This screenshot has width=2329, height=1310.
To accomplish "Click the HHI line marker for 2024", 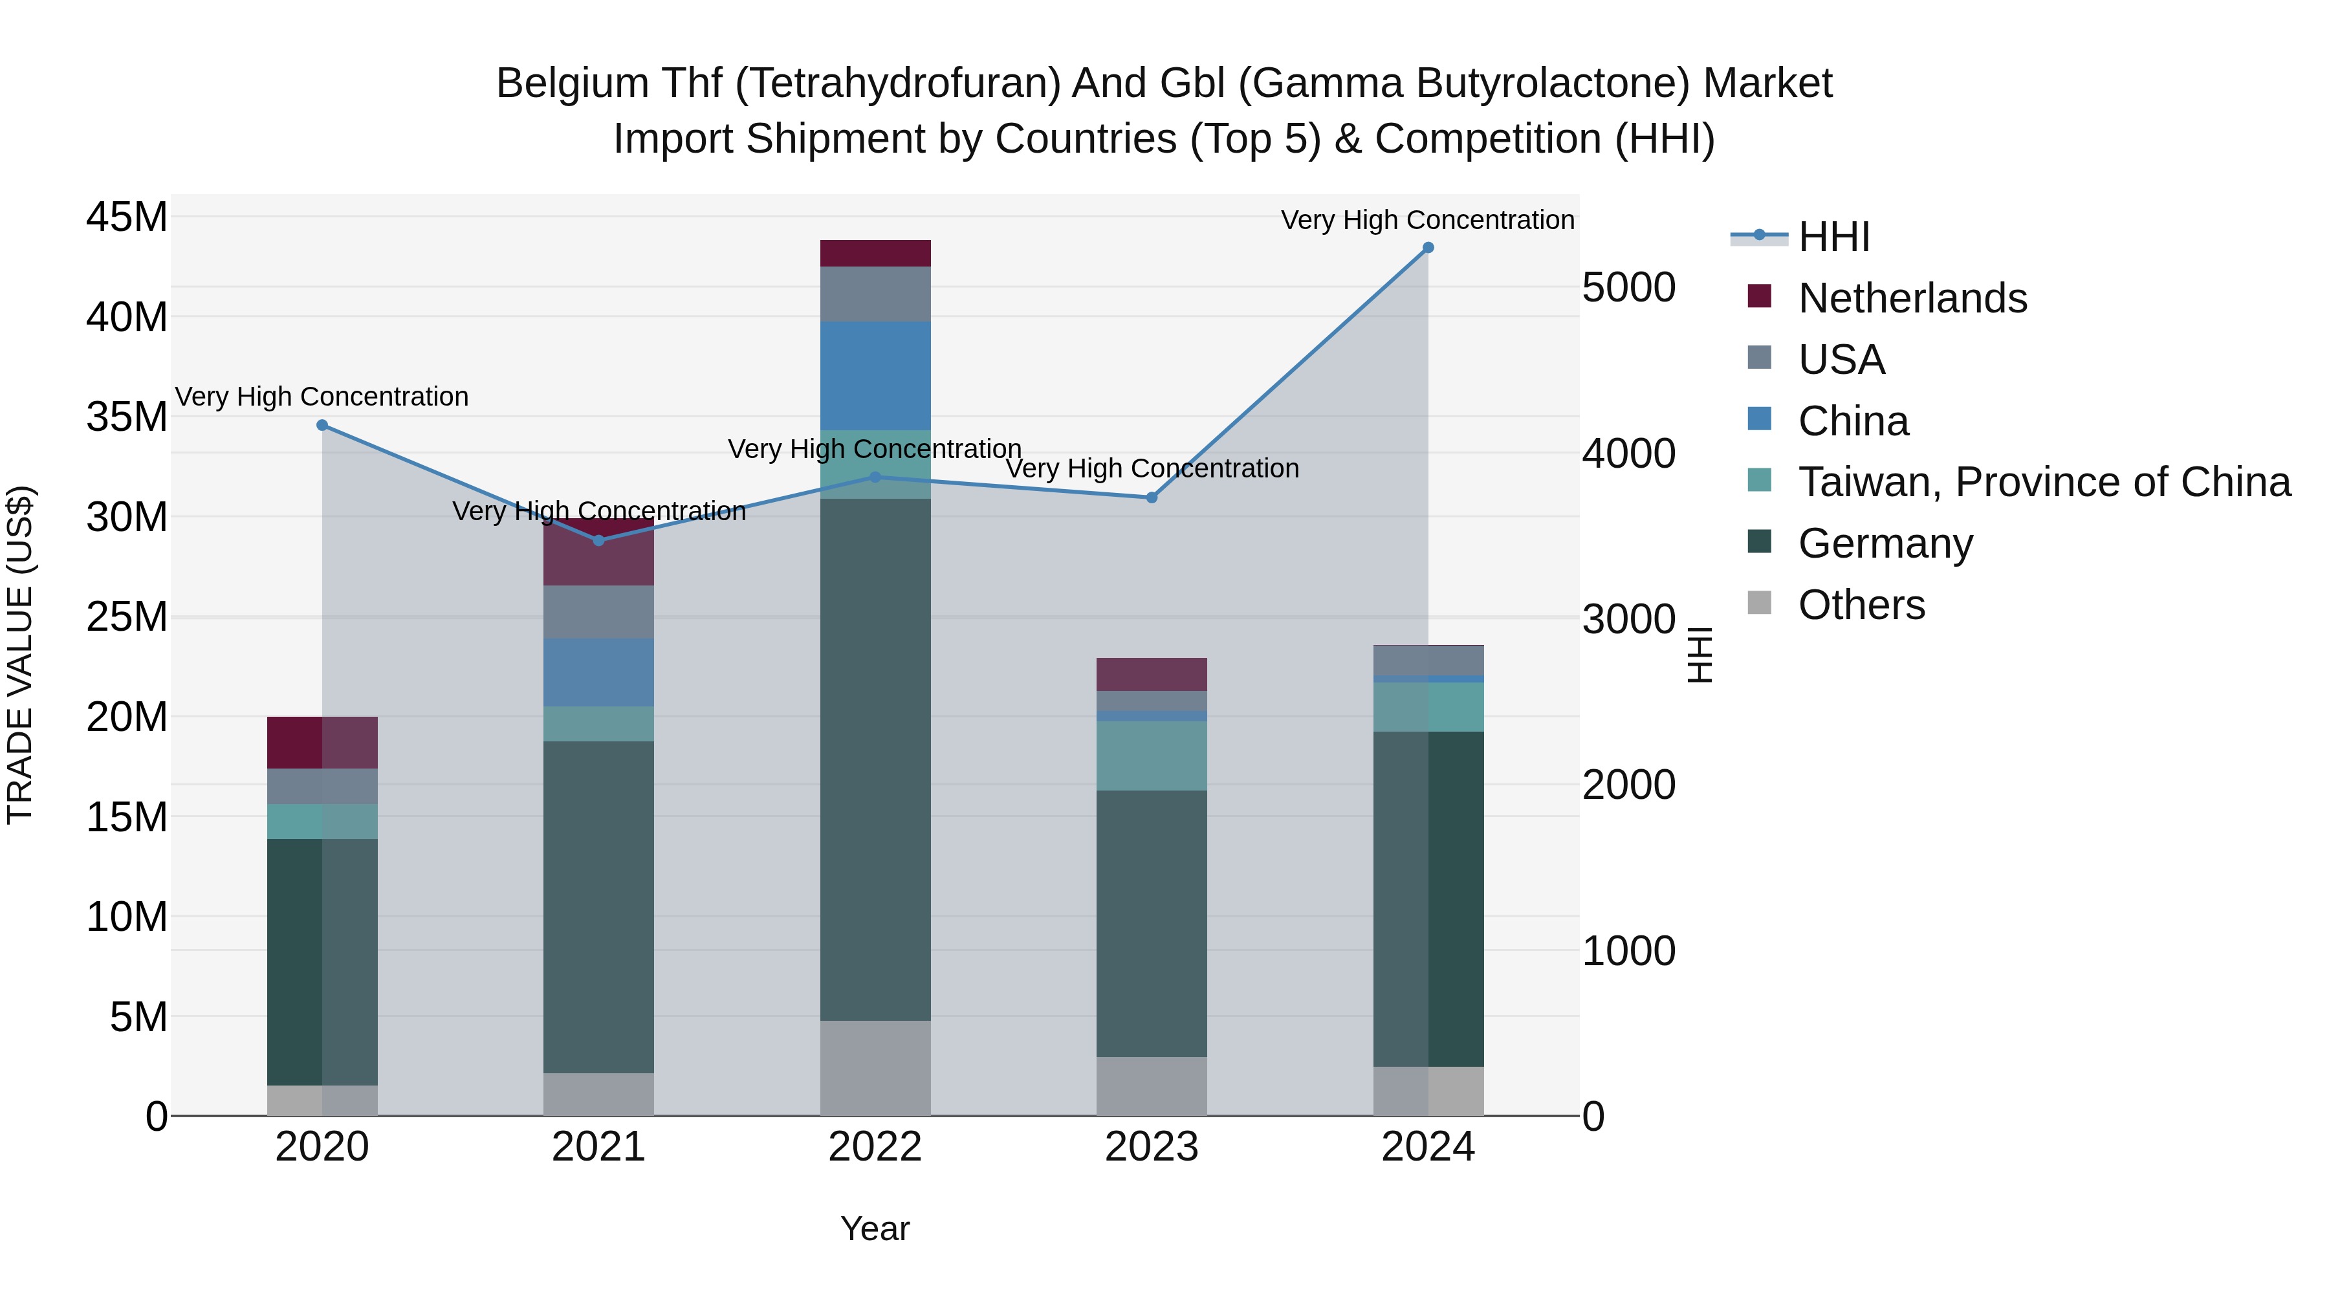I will [x=1428, y=248].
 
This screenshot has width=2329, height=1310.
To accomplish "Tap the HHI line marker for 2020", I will [x=322, y=425].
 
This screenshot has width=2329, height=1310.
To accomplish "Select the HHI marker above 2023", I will [x=1151, y=497].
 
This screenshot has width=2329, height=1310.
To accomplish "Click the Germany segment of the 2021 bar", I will [x=598, y=907].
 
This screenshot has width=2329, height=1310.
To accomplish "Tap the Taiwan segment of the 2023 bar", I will [x=1151, y=756].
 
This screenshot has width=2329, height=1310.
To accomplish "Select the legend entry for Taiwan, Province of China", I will [x=2043, y=482].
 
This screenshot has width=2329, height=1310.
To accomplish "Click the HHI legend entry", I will [x=1833, y=237].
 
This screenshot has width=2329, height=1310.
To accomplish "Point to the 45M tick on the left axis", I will [x=127, y=218].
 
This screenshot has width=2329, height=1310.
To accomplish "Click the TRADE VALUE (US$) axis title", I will [x=21, y=655].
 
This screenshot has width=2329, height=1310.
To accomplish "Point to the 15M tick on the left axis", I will [x=127, y=817].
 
